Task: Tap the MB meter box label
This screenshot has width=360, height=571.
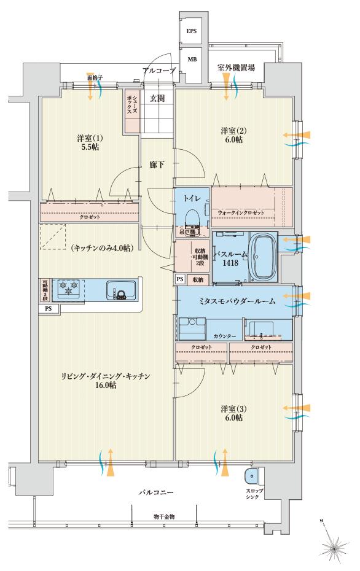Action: (x=191, y=59)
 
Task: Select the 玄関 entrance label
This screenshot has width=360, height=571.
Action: (x=157, y=98)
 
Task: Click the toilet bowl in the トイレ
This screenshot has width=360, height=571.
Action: (x=192, y=218)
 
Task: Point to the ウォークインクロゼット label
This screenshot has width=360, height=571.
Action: (x=241, y=212)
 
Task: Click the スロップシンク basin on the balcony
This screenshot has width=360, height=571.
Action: (x=251, y=476)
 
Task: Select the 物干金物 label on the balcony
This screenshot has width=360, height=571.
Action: (x=163, y=517)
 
